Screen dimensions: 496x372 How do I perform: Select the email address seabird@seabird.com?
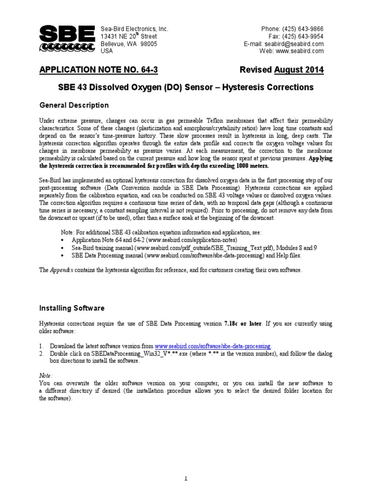pos(298,44)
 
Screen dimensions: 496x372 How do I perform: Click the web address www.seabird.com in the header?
pos(300,51)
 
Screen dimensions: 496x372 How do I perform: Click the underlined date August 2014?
pos(299,71)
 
